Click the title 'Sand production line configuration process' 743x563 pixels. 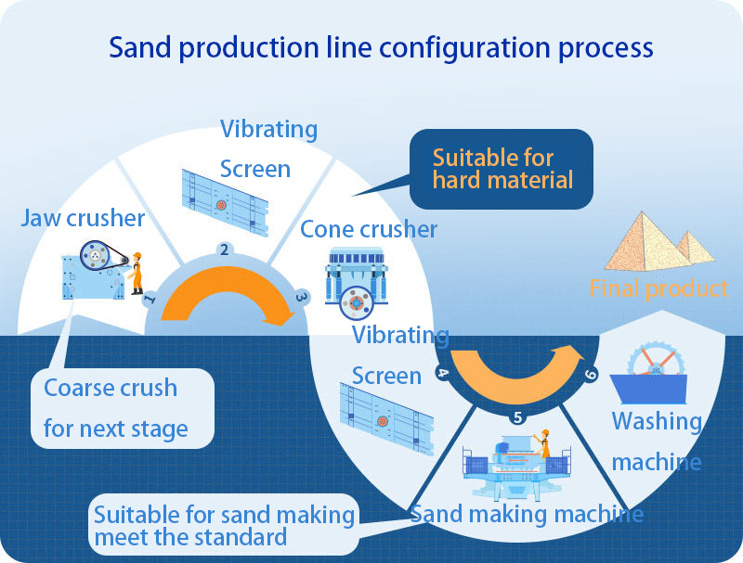[x=381, y=49]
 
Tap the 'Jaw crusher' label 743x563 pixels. [x=83, y=218]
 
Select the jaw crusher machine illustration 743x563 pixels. [x=95, y=270]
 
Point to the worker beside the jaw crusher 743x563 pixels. [x=136, y=274]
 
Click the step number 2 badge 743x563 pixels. [x=225, y=250]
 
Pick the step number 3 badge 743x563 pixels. [x=301, y=297]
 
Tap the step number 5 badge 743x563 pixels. [x=518, y=417]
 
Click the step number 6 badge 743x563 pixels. [x=590, y=375]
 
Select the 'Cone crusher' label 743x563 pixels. [x=369, y=229]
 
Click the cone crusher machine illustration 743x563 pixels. [x=357, y=283]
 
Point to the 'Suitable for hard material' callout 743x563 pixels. [x=502, y=169]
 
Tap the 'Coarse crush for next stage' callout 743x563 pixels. [x=123, y=408]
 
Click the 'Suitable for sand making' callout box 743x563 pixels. [x=224, y=525]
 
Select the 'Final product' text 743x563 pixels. [x=658, y=288]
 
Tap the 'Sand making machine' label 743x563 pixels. [x=527, y=514]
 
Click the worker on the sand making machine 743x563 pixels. [x=543, y=442]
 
